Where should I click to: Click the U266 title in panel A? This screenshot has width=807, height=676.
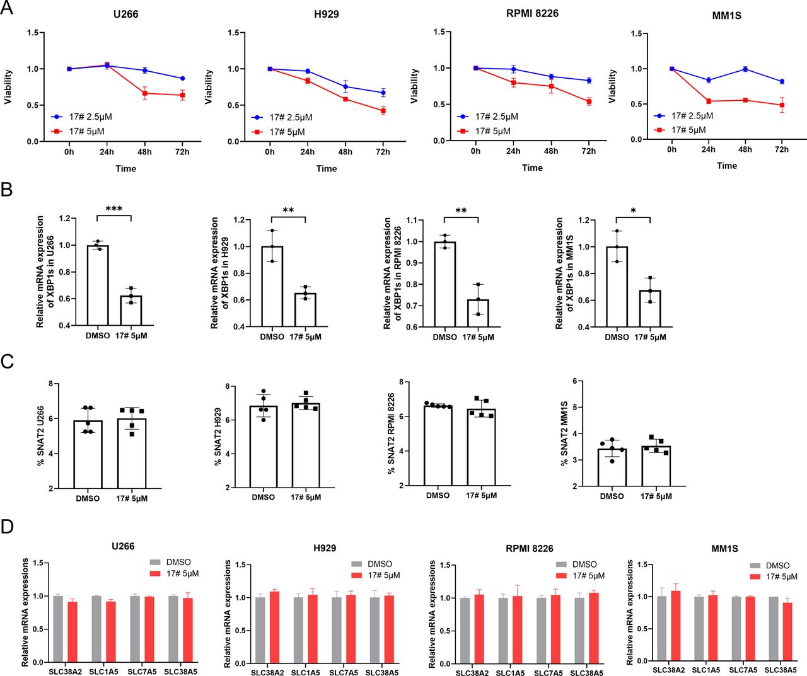tap(125, 14)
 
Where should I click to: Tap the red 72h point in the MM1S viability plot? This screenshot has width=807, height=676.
tap(782, 105)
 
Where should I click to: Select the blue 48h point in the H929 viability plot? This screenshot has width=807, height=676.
tap(345, 87)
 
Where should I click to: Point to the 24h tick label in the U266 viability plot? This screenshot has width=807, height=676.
tap(107, 152)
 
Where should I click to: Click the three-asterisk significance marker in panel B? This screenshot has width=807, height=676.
tap(114, 209)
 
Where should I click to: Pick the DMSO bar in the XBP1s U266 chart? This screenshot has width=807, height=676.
tap(98, 285)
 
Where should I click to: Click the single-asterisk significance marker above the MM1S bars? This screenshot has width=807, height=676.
tap(633, 211)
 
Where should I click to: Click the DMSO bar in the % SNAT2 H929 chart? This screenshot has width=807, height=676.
tap(264, 447)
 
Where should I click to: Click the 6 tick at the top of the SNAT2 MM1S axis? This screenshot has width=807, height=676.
tap(575, 381)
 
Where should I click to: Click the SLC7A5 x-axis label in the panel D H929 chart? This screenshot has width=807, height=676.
tap(344, 673)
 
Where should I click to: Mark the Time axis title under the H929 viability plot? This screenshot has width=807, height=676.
tap(327, 169)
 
